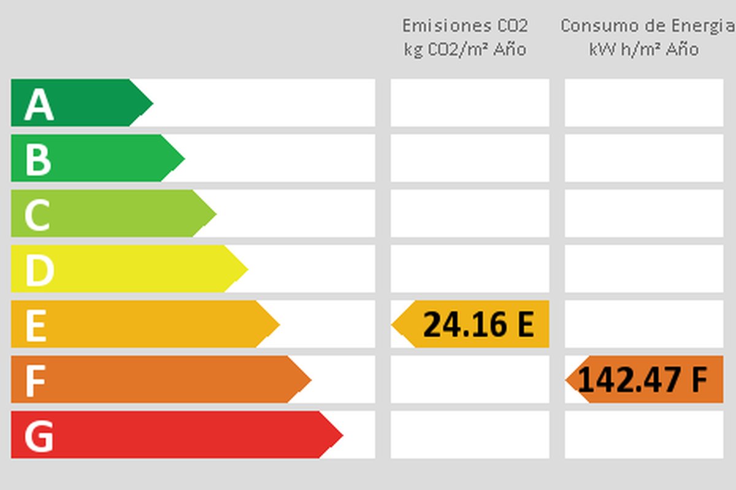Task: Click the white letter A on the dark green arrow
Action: pos(39,104)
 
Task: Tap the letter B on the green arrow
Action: pos(37,159)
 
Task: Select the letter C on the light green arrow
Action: pos(37,214)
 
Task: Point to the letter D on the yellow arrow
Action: pos(39,269)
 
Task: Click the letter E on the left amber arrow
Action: pos(36,325)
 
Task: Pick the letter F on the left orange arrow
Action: pos(35,380)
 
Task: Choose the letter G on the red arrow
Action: pos(38,435)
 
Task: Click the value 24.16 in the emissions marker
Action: pos(466,325)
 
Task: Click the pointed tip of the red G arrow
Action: pos(341,435)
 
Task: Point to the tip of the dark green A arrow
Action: pos(151,103)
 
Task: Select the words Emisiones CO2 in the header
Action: pos(465,26)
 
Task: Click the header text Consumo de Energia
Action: pos(648,26)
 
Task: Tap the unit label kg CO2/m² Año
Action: pos(465,49)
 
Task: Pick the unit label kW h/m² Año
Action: pos(644,49)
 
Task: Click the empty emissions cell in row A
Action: pos(470,103)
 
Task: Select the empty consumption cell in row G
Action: pos(644,435)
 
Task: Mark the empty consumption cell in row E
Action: pos(644,324)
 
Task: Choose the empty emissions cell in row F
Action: pos(470,380)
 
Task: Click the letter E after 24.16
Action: pos(525,325)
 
